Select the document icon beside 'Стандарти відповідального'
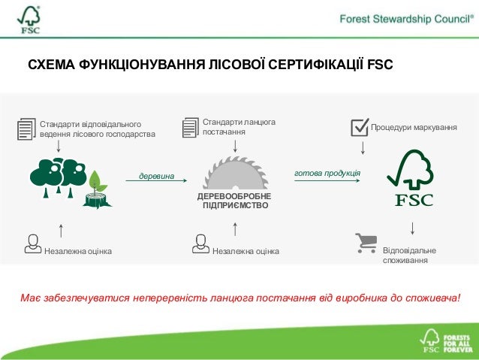26,129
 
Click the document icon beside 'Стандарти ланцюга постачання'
191,127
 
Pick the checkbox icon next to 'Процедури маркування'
360,128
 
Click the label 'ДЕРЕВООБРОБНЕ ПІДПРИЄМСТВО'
234,200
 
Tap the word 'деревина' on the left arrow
156,177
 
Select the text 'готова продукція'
327,173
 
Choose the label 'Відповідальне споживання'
410,255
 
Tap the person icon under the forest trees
32,244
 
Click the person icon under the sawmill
200,244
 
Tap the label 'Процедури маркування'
414,129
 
